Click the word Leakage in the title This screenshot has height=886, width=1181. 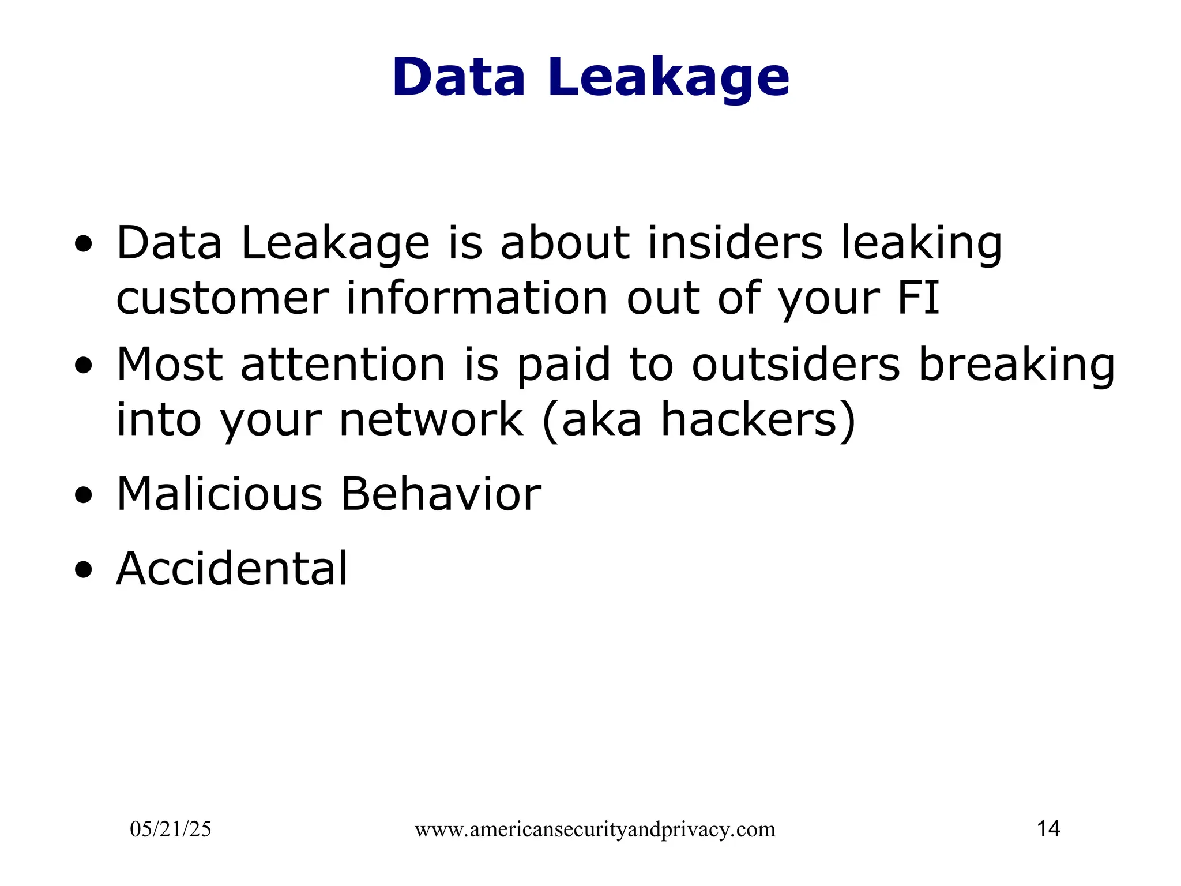click(668, 78)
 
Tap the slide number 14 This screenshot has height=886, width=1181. click(1048, 829)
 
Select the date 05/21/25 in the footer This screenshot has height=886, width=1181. click(171, 829)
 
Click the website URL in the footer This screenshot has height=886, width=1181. click(595, 829)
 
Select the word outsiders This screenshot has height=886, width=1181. click(795, 365)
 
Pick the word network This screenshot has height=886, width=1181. click(431, 419)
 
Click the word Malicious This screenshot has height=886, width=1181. click(219, 494)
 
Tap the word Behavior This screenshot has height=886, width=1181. click(441, 494)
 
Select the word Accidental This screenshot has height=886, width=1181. click(232, 569)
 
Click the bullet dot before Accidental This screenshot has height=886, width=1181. click(84, 570)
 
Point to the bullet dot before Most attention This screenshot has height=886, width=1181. click(84, 366)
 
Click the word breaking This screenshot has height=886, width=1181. click(1016, 366)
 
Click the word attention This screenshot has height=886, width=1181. click(343, 365)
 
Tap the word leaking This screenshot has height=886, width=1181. click(921, 244)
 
